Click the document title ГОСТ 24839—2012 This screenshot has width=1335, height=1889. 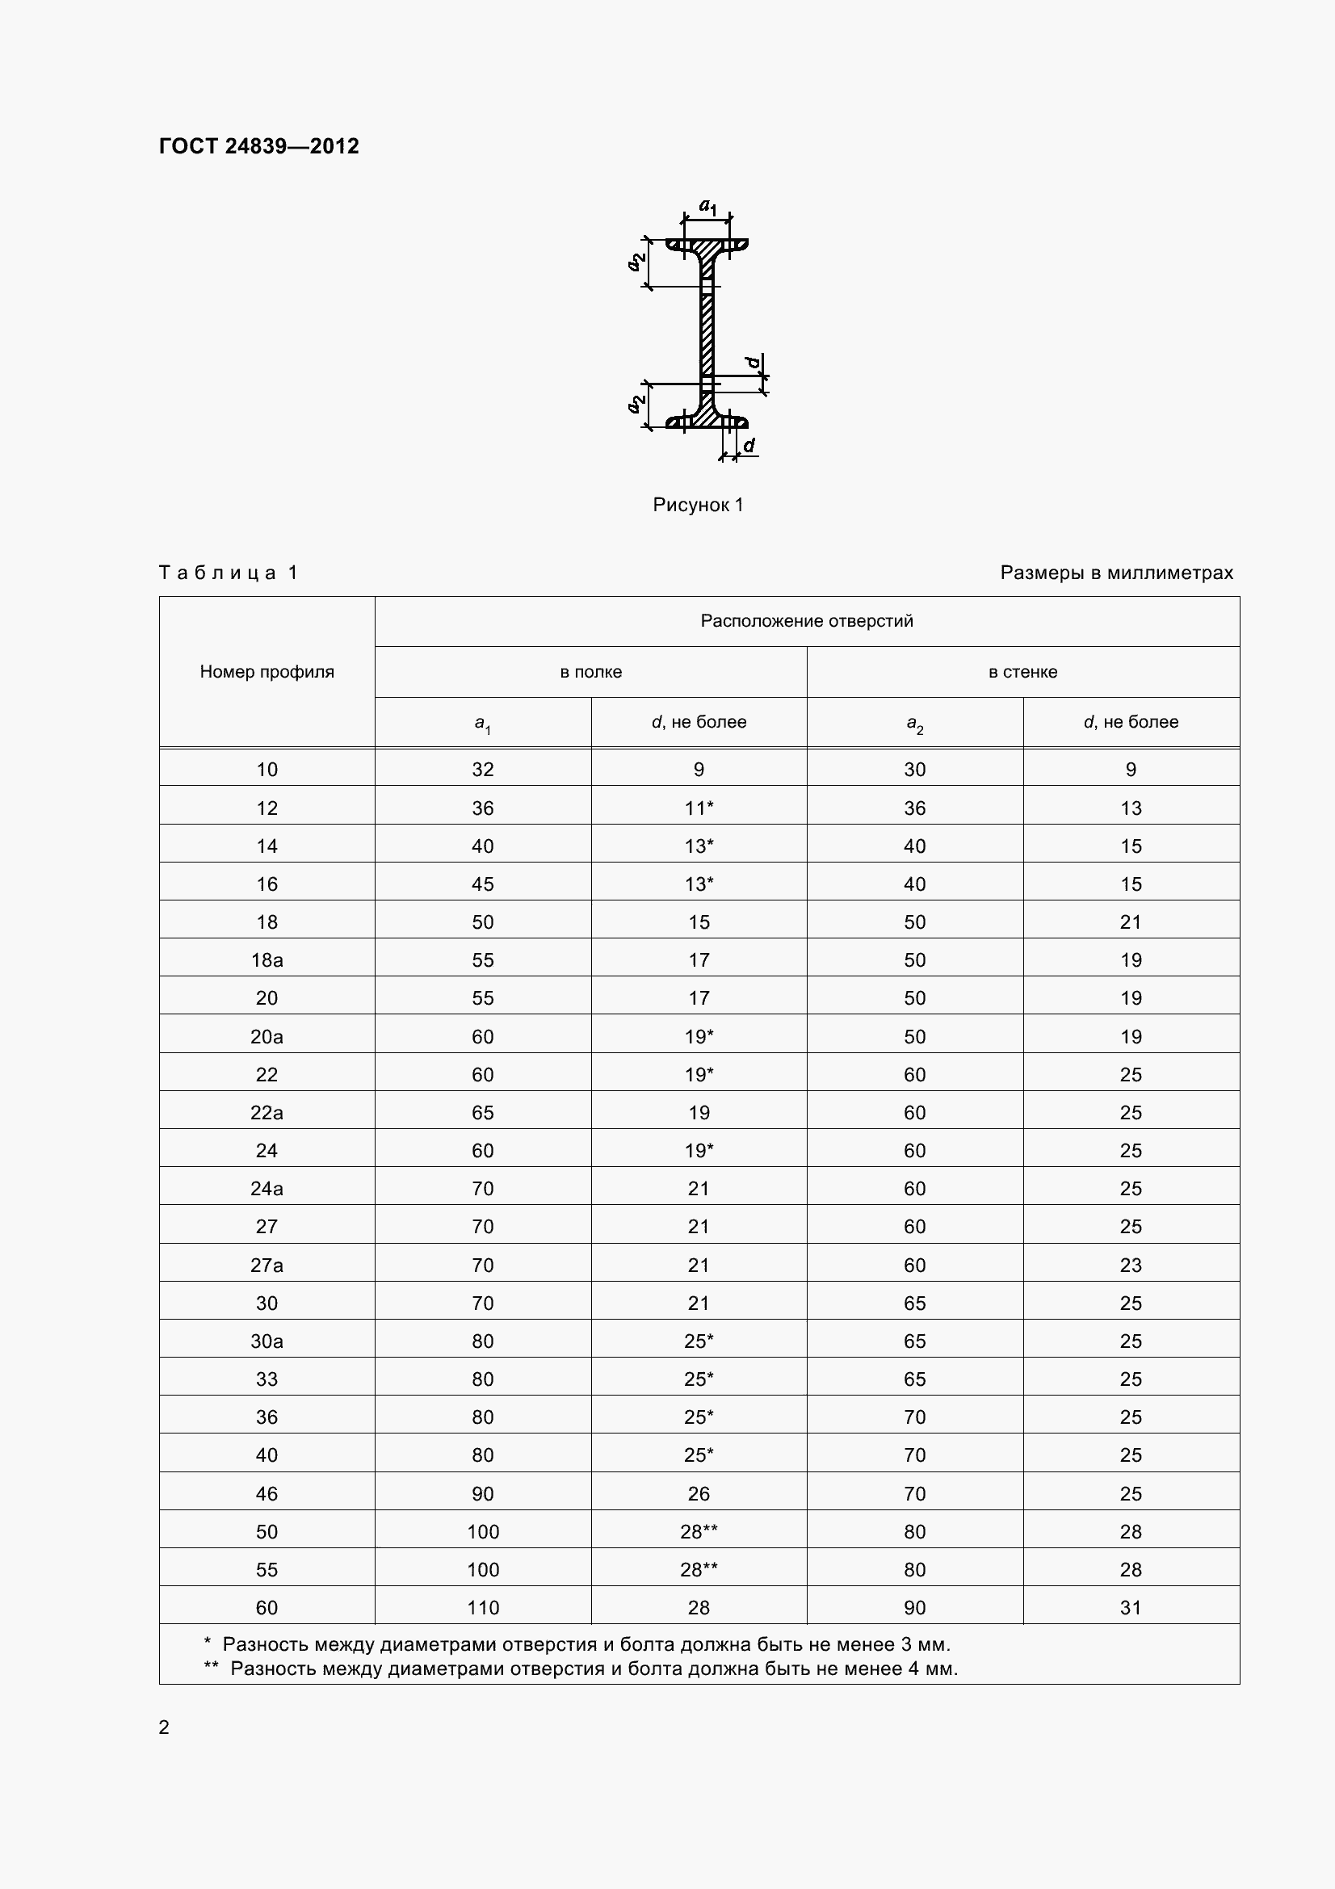(258, 146)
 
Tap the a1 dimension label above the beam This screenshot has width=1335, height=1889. (707, 205)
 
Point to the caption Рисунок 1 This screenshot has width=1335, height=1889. (698, 504)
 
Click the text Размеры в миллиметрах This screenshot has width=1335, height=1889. (1116, 573)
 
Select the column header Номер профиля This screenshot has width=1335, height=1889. (267, 671)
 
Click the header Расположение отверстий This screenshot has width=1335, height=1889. (806, 621)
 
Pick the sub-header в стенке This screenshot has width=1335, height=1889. (1022, 671)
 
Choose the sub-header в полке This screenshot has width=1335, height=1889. (590, 671)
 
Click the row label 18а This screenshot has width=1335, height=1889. (267, 959)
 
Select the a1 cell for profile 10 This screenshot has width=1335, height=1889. (483, 770)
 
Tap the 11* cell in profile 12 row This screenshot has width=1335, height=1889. (699, 808)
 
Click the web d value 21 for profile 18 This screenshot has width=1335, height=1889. (1130, 921)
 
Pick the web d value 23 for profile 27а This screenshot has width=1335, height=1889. (1130, 1265)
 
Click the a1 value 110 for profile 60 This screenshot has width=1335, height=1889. (483, 1607)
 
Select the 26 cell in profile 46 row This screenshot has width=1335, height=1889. (699, 1493)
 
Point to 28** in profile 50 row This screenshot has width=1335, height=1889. (699, 1531)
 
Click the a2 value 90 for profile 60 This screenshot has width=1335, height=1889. (915, 1607)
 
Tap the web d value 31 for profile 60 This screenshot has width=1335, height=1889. (1130, 1607)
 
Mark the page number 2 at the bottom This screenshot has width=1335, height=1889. (164, 1727)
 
